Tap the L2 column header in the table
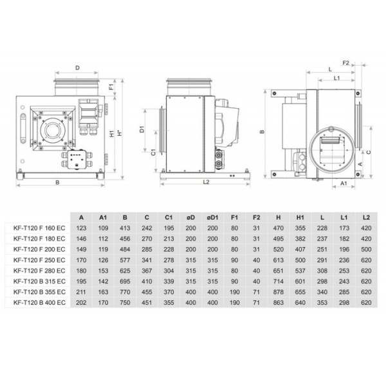(366, 217)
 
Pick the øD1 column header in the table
(213, 217)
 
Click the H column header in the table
(279, 217)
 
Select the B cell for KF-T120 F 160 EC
(125, 228)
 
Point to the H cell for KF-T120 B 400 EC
(279, 302)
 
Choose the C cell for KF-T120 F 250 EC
(147, 259)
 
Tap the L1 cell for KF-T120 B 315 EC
(344, 280)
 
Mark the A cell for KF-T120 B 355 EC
(82, 291)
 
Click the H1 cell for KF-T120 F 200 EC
(300, 249)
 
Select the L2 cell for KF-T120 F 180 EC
(366, 238)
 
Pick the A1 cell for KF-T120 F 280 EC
(104, 270)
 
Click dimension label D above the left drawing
(77, 66)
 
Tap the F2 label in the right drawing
(346, 63)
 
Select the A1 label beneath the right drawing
(344, 183)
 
